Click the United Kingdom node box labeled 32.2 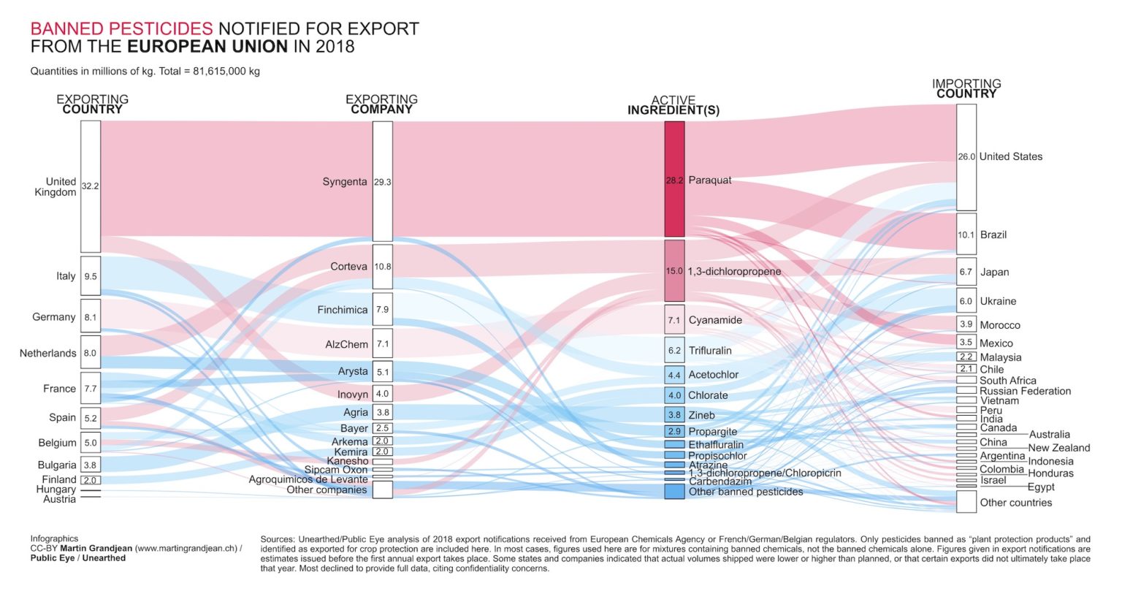pos(91,186)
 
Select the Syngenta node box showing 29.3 pos(382,181)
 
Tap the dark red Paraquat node pos(674,179)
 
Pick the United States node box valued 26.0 pos(966,157)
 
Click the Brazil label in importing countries pos(993,235)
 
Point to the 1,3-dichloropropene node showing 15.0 pos(674,271)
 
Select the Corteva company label pos(348,267)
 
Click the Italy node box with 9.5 pos(91,276)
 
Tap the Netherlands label pos(47,353)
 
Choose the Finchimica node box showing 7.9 pos(382,309)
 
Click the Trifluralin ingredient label pos(709,351)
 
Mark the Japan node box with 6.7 pos(966,272)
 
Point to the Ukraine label pos(998,301)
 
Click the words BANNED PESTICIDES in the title pos(121,28)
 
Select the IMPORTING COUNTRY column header pos(966,88)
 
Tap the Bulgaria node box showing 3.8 pos(91,465)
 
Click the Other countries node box pos(966,502)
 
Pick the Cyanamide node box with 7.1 pos(674,320)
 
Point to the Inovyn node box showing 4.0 pos(382,394)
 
